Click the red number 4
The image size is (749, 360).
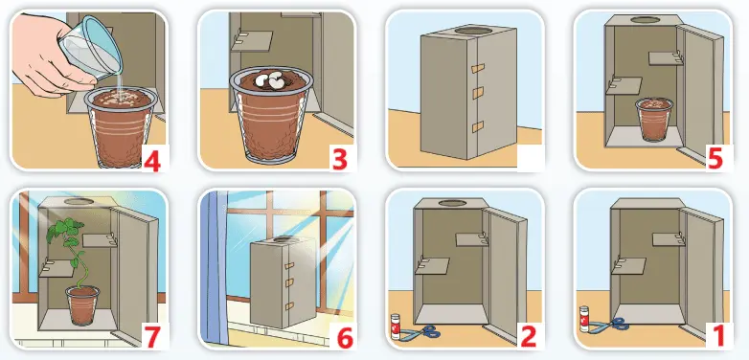152,160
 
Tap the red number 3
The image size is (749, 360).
339,160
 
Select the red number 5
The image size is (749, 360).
715,160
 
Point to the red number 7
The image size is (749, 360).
152,337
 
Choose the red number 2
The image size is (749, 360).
528,337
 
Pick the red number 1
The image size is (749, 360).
715,336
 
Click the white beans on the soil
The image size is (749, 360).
270,80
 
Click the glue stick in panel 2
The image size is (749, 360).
395,326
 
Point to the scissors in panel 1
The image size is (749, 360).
609,326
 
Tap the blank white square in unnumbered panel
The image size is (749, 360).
531,158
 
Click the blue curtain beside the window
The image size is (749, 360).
213,267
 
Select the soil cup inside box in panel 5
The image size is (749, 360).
654,120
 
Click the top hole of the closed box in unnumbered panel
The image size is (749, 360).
473,31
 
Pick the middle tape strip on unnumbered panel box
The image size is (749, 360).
478,93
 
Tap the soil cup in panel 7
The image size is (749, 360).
82,305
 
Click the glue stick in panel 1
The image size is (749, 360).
583,319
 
